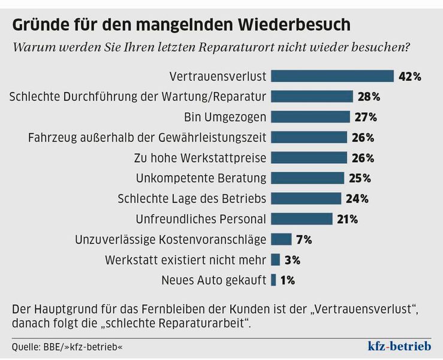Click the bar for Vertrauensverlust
tap(332, 76)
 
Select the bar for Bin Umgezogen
tap(310, 116)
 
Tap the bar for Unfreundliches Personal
tap(302, 219)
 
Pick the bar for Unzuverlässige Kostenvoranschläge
tap(281, 239)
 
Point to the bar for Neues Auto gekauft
tap(273, 280)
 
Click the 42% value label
tap(409, 76)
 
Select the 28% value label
tap(368, 97)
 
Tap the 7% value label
tap(304, 239)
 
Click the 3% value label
tap(293, 260)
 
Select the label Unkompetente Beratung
tap(201, 178)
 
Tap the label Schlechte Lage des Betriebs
tap(192, 199)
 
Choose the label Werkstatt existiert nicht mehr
tap(185, 260)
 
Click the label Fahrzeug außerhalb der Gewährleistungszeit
tap(147, 137)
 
